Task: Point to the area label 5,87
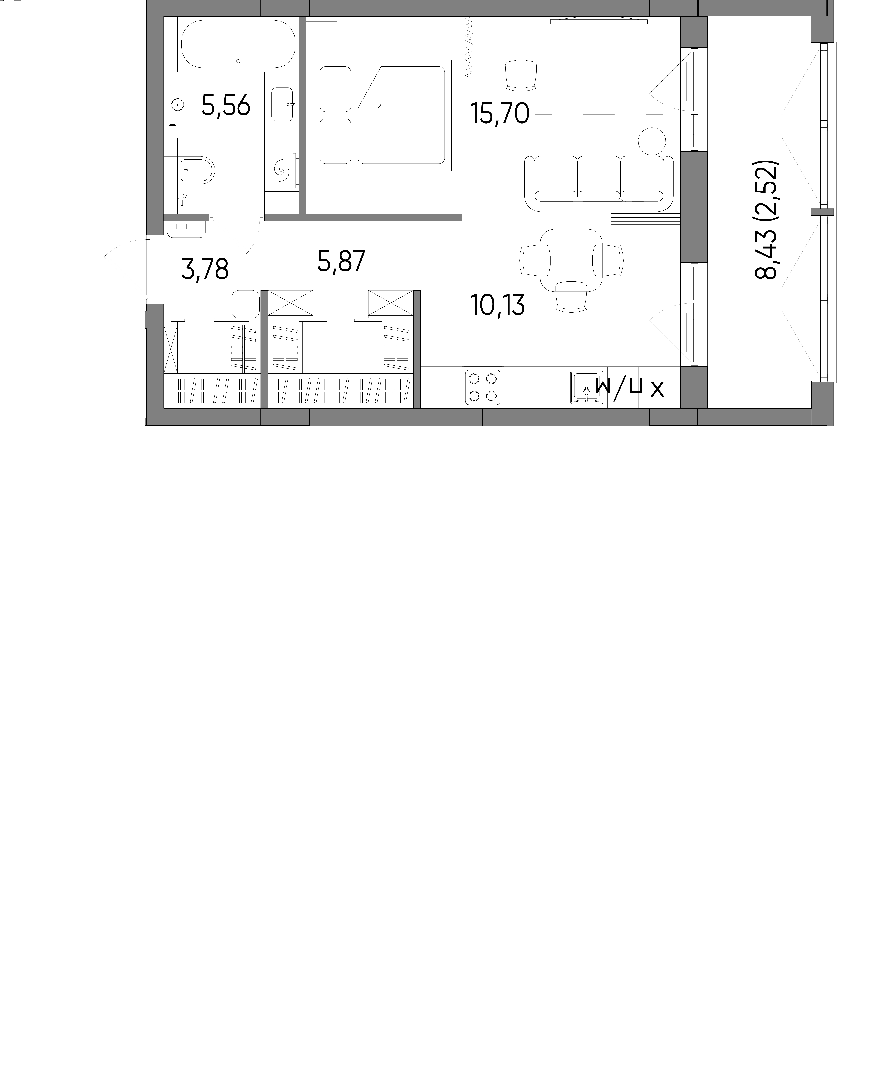[x=341, y=261]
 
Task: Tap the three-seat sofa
[x=599, y=183]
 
